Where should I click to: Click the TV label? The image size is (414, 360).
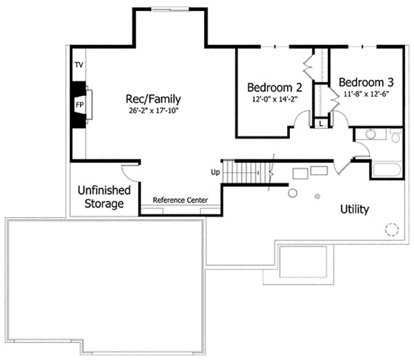click(x=79, y=65)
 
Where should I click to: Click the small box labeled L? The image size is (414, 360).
click(x=321, y=123)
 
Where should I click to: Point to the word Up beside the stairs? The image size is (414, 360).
click(x=215, y=172)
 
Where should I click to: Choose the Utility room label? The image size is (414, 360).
click(x=355, y=209)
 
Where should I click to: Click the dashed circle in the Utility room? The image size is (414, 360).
click(x=391, y=230)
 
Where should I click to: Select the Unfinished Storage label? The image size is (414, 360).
click(x=101, y=197)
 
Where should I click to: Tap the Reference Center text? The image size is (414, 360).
click(x=181, y=200)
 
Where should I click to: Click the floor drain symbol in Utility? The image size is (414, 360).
click(x=317, y=197)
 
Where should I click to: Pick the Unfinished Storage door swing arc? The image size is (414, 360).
click(x=129, y=171)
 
